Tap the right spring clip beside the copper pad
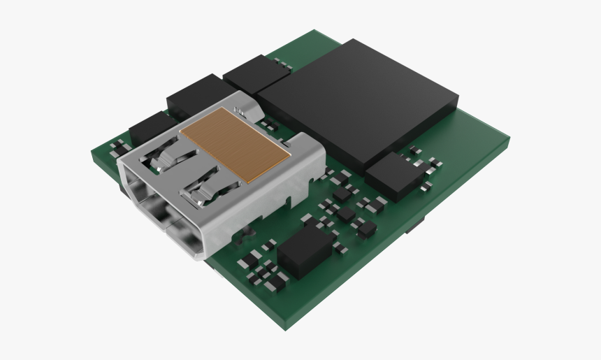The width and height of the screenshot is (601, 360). [203, 189]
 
